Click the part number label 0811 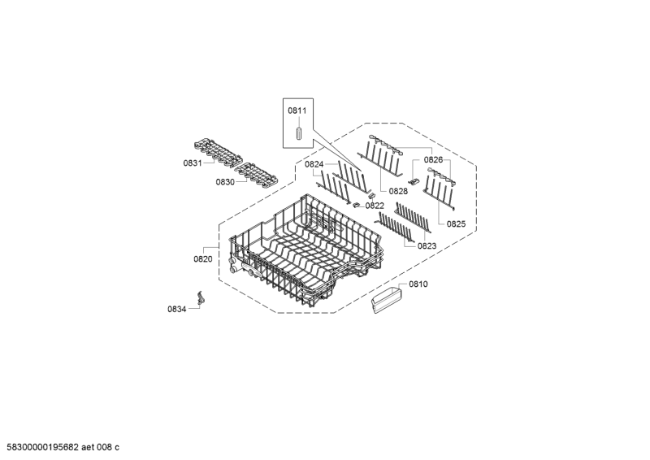point(297,111)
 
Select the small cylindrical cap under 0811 point(298,135)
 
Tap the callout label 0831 point(193,163)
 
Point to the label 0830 point(225,182)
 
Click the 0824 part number point(314,164)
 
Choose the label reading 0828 point(398,191)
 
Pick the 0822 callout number point(375,206)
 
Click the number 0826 point(433,159)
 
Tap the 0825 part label point(456,224)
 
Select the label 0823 point(427,246)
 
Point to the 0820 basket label point(202,259)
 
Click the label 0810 point(418,284)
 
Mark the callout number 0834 point(176,309)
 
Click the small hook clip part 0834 point(201,298)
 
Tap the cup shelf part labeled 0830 point(256,176)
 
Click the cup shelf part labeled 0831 point(218,154)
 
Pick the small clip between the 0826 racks point(414,181)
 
